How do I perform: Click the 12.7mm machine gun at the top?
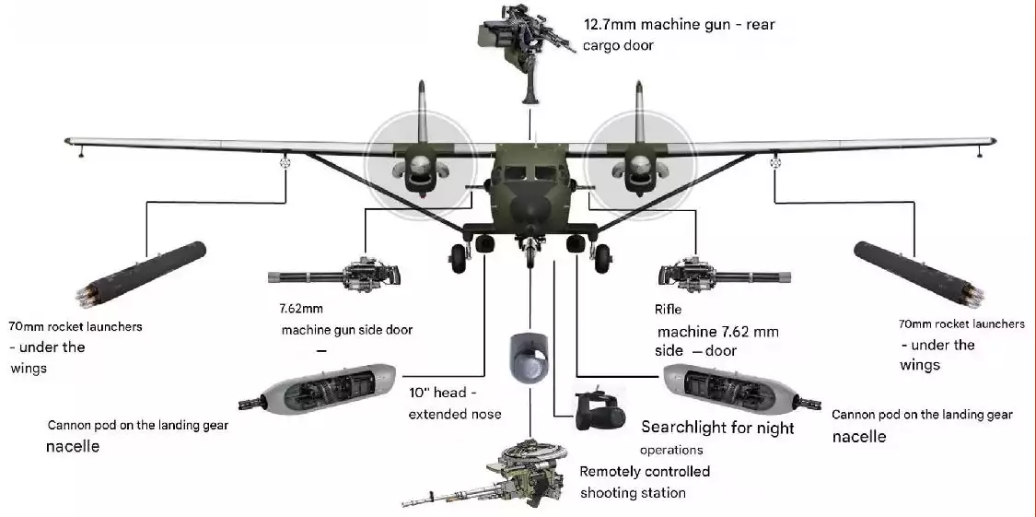pos(521,42)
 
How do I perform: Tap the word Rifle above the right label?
pos(668,310)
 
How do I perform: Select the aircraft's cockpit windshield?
pos(529,170)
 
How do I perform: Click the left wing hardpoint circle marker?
pos(285,163)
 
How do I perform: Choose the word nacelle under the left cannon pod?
pos(73,447)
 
